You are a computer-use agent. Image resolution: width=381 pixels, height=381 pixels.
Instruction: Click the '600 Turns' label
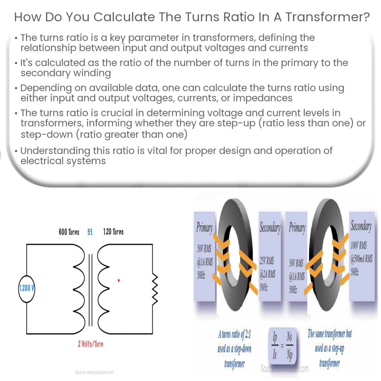coord(69,232)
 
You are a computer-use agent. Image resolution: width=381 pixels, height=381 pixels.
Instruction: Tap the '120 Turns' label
coord(113,232)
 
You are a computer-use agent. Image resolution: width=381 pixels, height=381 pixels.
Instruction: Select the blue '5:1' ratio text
coord(90,232)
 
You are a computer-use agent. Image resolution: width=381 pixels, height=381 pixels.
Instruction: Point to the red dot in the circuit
coord(119,280)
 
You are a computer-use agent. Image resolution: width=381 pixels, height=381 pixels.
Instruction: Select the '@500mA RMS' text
coord(361,259)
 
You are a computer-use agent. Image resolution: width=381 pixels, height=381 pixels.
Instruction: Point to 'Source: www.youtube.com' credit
coord(94,372)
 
